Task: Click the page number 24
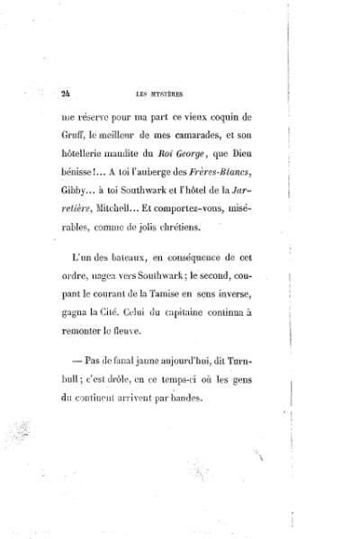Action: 66,92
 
